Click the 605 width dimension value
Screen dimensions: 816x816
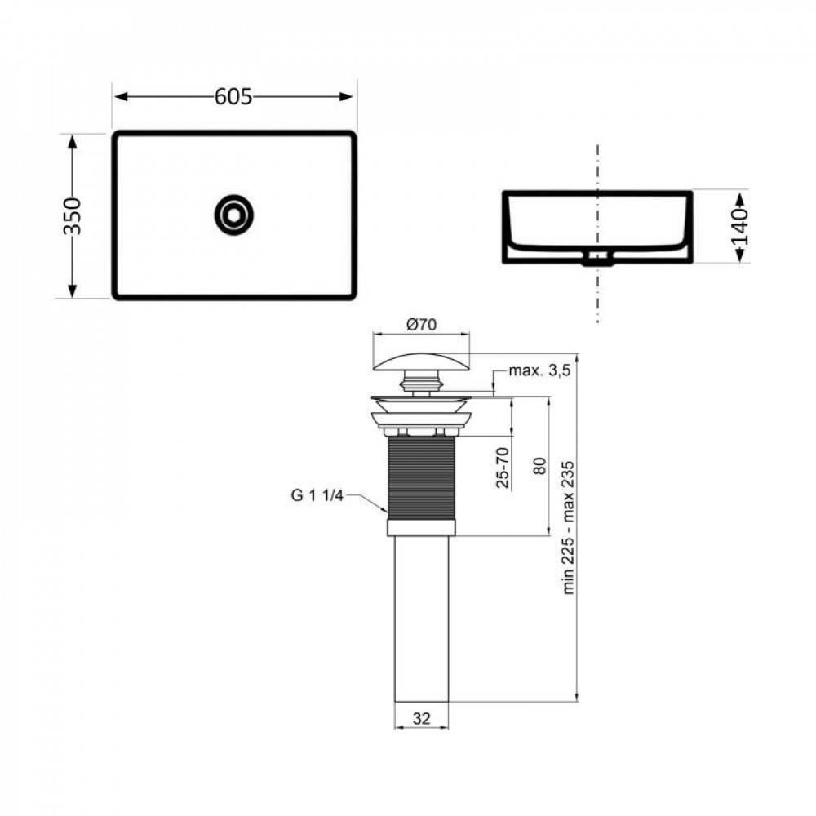(233, 96)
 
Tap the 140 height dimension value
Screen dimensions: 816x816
(739, 227)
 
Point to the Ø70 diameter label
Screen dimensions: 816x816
(421, 324)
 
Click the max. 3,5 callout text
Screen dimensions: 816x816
(539, 370)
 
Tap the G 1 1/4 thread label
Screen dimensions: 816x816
(317, 494)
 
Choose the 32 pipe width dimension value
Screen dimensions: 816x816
(421, 719)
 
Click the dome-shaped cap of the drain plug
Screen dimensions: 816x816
(421, 359)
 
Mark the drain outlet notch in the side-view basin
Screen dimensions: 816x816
(598, 259)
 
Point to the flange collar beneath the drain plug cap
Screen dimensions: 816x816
(421, 416)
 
